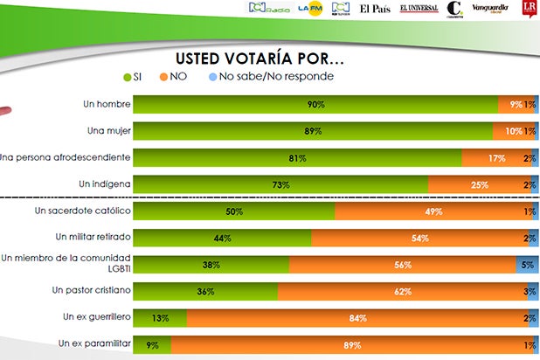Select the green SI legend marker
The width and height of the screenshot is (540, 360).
128,78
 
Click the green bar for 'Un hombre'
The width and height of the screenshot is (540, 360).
315,104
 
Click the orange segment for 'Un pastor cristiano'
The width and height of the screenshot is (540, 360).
404,290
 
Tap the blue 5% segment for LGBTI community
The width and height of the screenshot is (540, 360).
527,264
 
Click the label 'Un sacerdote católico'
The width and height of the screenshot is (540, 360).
81,211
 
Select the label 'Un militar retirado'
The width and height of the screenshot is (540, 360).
92,237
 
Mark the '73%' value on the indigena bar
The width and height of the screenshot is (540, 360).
280,184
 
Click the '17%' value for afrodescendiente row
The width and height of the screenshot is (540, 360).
497,158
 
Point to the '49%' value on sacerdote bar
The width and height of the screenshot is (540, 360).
429,211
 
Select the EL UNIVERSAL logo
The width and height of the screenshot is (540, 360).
419,9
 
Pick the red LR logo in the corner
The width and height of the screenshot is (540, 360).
528,10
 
